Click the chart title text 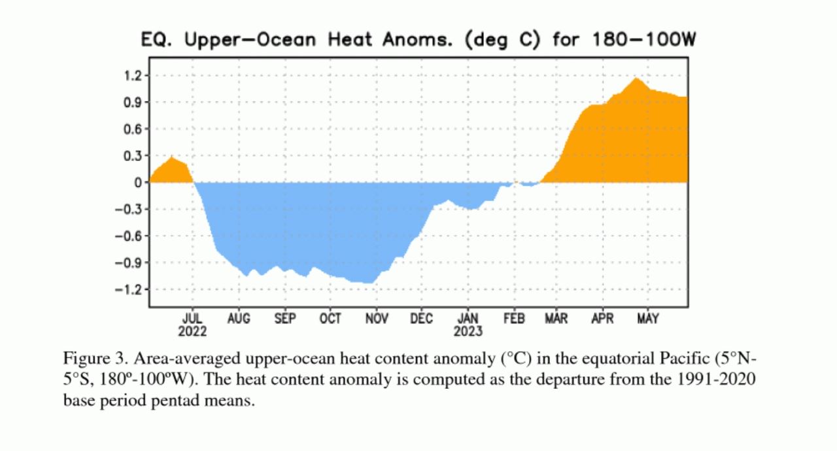click(418, 40)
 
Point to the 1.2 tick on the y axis click(133, 76)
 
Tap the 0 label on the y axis click(138, 183)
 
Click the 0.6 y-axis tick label click(133, 129)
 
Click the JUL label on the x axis click(192, 319)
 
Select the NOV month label click(376, 319)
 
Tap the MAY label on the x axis click(647, 319)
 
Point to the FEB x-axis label click(514, 319)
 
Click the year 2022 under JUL click(192, 331)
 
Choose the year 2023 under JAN click(468, 331)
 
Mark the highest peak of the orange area click(635, 79)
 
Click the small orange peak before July click(172, 157)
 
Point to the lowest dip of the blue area click(370, 283)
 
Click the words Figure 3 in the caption click(90, 359)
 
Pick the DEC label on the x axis click(422, 319)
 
